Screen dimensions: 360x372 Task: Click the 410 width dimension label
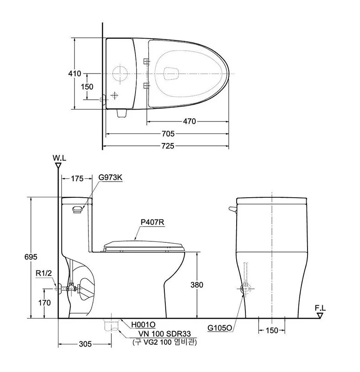click(75, 74)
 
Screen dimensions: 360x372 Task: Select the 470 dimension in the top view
click(189, 121)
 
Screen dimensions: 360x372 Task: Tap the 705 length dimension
click(168, 134)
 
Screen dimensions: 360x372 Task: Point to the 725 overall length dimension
click(168, 146)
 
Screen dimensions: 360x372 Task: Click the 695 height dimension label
click(31, 257)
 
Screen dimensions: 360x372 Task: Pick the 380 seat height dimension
click(197, 285)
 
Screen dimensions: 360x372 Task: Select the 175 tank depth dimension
click(77, 178)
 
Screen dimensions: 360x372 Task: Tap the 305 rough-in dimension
click(85, 344)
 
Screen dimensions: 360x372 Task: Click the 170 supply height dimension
click(45, 303)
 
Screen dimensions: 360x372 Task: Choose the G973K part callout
click(110, 177)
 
